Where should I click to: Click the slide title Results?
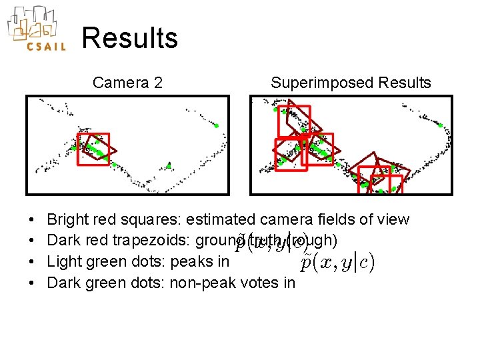[x=130, y=38]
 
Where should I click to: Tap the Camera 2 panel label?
[x=127, y=83]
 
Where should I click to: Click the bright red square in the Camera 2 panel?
[x=93, y=149]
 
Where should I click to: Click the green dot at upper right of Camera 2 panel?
[x=216, y=125]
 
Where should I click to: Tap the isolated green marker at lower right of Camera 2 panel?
[x=169, y=165]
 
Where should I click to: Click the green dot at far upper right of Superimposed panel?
[x=441, y=125]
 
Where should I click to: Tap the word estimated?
[x=221, y=219]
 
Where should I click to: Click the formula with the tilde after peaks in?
[x=337, y=263]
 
